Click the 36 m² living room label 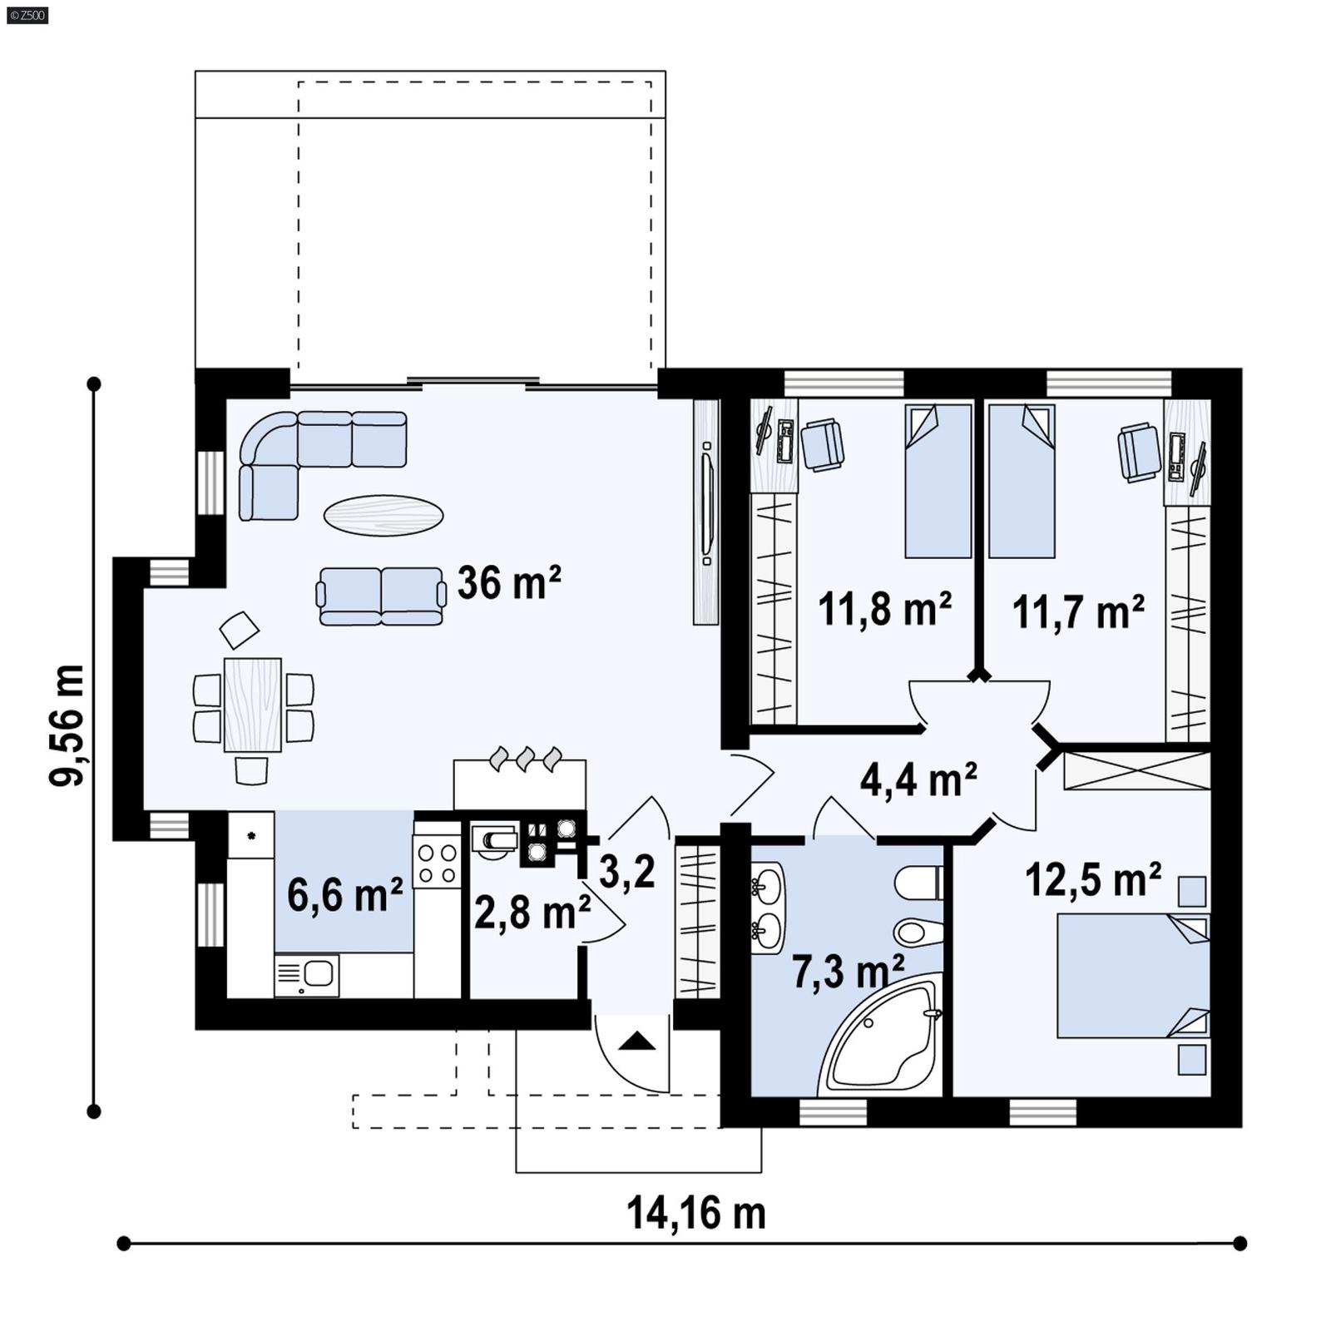point(508,582)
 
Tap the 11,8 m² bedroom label point(884,610)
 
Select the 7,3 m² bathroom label point(847,972)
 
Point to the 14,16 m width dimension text point(695,1213)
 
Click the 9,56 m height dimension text point(67,725)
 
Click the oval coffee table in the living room point(383,515)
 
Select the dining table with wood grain point(253,705)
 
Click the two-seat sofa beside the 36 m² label point(380,596)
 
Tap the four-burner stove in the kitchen point(438,863)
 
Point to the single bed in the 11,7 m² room point(1022,481)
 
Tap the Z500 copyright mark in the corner point(27,14)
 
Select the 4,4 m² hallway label point(918,779)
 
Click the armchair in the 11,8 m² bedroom point(822,444)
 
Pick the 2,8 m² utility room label point(532,913)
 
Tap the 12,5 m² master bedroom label point(1092,879)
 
